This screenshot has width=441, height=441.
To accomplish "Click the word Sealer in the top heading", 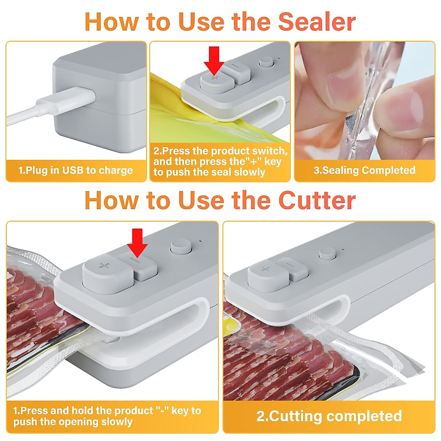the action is click(317, 22).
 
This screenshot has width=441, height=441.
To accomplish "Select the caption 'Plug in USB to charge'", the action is click(76, 171).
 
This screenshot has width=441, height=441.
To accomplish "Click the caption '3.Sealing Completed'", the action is click(365, 170).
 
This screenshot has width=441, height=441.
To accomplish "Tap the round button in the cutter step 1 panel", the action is click(181, 248).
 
